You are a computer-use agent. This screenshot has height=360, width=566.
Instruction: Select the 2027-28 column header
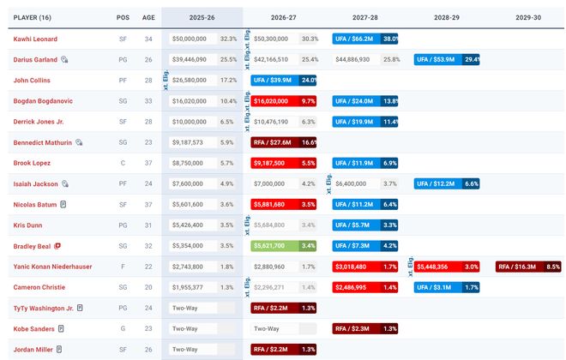click(x=364, y=16)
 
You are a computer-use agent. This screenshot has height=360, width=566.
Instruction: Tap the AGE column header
click(x=148, y=16)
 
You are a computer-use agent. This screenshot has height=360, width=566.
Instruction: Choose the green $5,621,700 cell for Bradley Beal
click(x=274, y=245)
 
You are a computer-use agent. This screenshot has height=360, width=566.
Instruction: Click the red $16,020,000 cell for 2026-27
click(x=274, y=101)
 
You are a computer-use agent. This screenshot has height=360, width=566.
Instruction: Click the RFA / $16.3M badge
click(x=518, y=267)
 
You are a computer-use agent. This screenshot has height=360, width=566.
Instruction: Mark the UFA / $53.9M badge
click(x=437, y=60)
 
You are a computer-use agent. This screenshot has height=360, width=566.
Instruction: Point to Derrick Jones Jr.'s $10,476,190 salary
click(x=272, y=122)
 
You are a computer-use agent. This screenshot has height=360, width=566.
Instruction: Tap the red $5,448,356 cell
click(x=437, y=267)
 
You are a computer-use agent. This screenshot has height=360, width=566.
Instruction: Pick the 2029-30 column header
click(x=528, y=16)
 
